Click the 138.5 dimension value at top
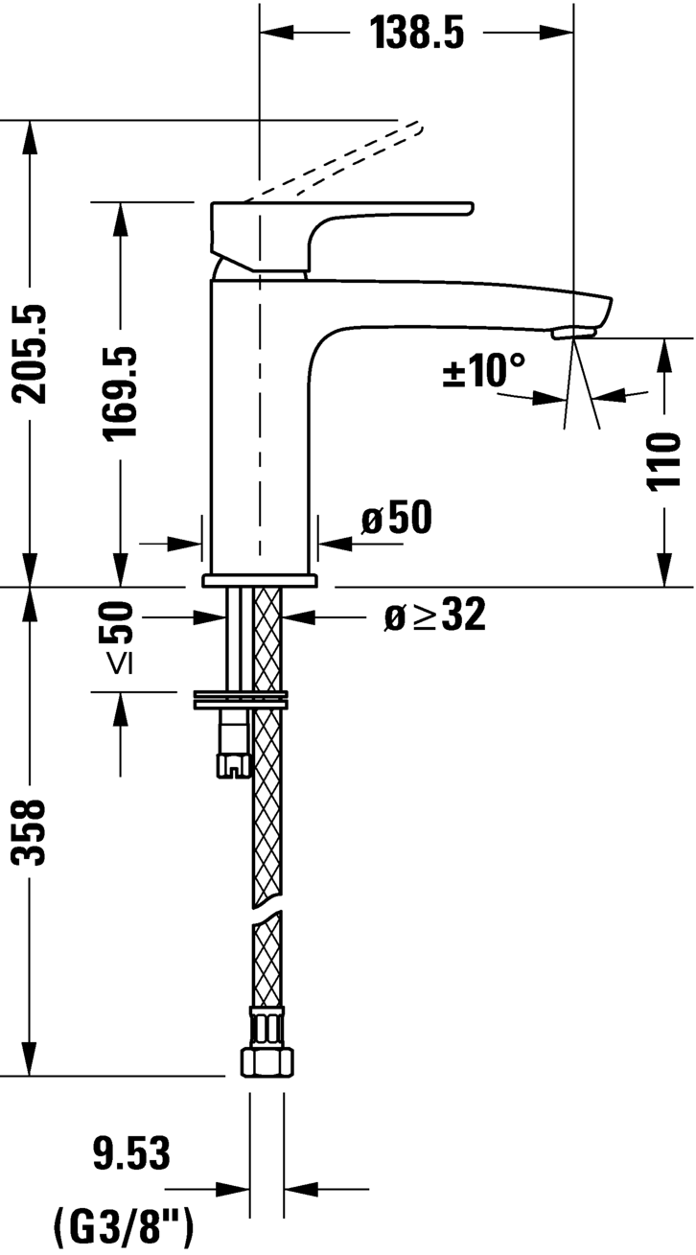coord(417,35)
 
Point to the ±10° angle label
coord(484,371)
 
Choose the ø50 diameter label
coord(396,520)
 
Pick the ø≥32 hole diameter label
coord(434,616)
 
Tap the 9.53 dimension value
coord(131,1153)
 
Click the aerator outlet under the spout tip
coord(573,332)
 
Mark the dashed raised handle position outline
coord(336,163)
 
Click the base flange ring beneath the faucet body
coord(259,581)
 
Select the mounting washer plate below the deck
coord(240,699)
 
